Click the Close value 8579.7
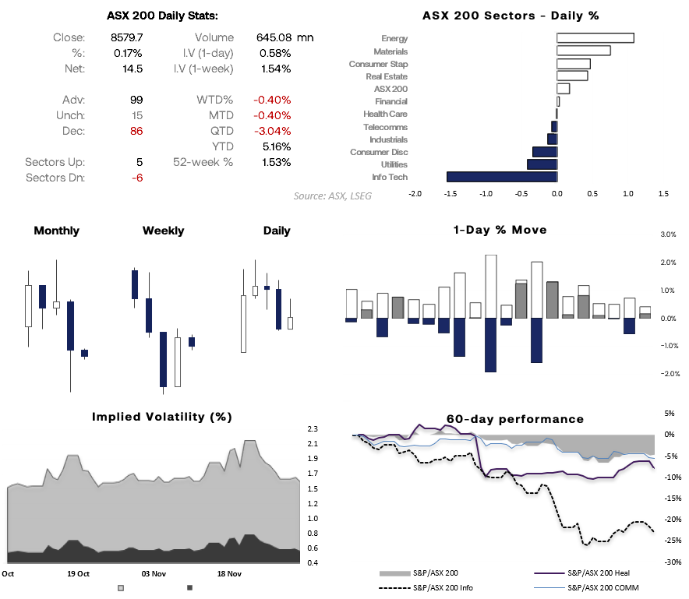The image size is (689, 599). click(x=126, y=37)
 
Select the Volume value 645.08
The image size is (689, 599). click(x=273, y=37)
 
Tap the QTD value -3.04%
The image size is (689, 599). click(x=271, y=131)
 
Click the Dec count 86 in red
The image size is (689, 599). click(x=136, y=131)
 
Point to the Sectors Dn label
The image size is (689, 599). click(x=55, y=178)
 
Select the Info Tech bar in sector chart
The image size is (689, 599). click(x=501, y=177)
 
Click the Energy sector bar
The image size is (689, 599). click(x=595, y=38)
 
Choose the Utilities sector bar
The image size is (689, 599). click(x=542, y=164)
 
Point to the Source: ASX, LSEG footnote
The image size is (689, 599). click(x=333, y=196)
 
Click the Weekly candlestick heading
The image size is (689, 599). click(x=164, y=231)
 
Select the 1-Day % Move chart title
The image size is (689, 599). click(x=500, y=230)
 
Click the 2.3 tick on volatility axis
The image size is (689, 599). click(x=312, y=429)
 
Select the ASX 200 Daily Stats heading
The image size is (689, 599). click(x=162, y=16)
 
